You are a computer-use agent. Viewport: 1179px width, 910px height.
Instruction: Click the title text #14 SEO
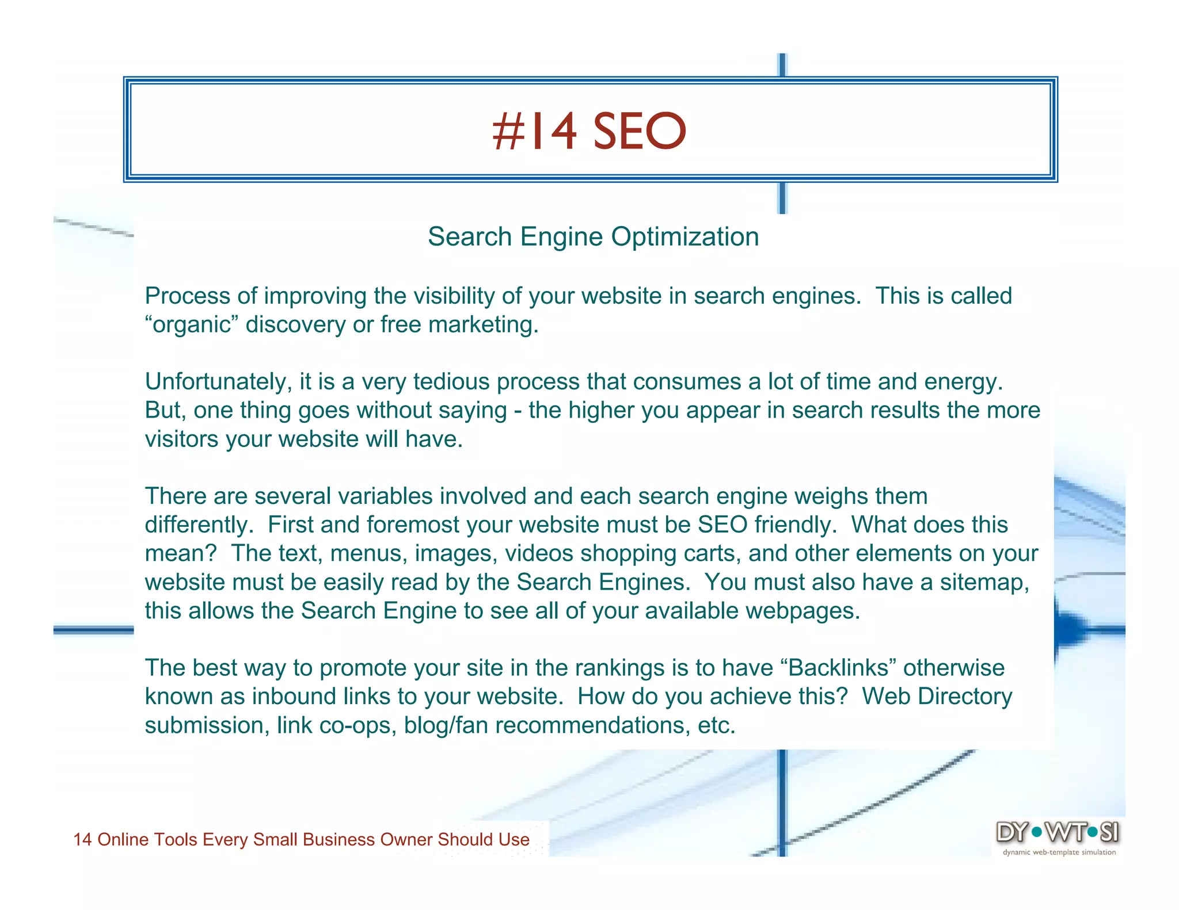point(589,131)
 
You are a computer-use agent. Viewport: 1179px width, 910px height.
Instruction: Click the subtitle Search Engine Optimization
point(593,236)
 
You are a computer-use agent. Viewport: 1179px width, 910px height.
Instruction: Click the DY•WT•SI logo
point(1058,832)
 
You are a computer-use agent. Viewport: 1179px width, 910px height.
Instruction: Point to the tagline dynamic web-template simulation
point(1059,852)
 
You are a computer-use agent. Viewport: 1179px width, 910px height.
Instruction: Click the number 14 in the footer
point(82,840)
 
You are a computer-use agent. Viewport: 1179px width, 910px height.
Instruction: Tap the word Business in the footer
point(339,840)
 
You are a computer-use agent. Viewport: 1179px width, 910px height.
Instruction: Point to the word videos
point(539,553)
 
